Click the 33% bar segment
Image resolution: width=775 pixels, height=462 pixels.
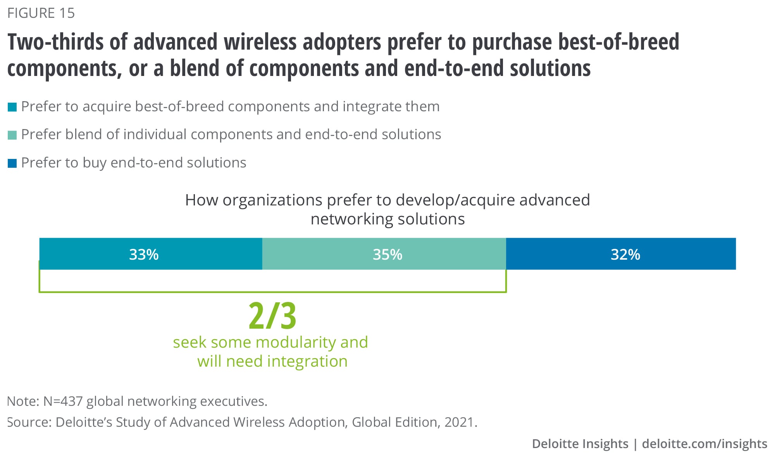pos(151,254)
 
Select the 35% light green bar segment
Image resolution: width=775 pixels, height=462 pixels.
pos(384,254)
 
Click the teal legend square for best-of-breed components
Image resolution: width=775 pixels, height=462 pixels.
pos(12,107)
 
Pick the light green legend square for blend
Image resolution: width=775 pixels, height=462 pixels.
pos(12,135)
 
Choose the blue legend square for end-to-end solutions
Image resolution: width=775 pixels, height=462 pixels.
pos(12,164)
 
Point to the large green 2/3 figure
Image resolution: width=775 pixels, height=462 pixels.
pos(272,316)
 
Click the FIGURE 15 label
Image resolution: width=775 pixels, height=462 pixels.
pos(41,13)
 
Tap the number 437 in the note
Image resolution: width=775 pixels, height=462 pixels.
pos(72,401)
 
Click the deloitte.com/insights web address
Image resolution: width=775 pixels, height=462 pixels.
pos(704,444)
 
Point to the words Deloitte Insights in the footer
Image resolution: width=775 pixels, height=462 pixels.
pos(580,444)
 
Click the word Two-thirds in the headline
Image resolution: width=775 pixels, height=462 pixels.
pos(55,42)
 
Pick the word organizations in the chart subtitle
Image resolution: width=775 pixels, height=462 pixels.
pos(272,200)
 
